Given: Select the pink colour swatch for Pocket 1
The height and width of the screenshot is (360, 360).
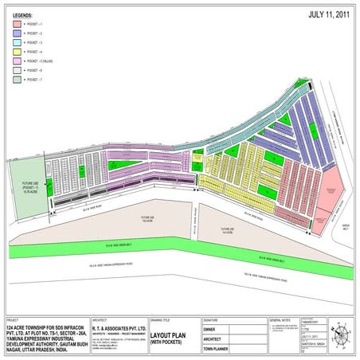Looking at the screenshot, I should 18,25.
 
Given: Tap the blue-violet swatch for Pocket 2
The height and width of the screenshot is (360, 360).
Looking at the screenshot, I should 18,34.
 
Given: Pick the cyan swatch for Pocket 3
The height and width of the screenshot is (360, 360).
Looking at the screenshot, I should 18,43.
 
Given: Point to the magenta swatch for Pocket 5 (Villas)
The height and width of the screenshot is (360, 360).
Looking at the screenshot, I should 18,61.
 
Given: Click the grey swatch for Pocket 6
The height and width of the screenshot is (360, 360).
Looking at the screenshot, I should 18,71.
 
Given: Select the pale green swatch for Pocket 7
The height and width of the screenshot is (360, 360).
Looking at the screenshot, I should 18,80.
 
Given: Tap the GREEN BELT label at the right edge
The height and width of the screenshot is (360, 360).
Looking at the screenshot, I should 346,225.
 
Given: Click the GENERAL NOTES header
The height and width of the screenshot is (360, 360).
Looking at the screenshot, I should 280,318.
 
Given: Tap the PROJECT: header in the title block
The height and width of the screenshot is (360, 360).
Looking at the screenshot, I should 13,318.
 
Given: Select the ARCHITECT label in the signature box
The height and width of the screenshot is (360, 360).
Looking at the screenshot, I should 213,338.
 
